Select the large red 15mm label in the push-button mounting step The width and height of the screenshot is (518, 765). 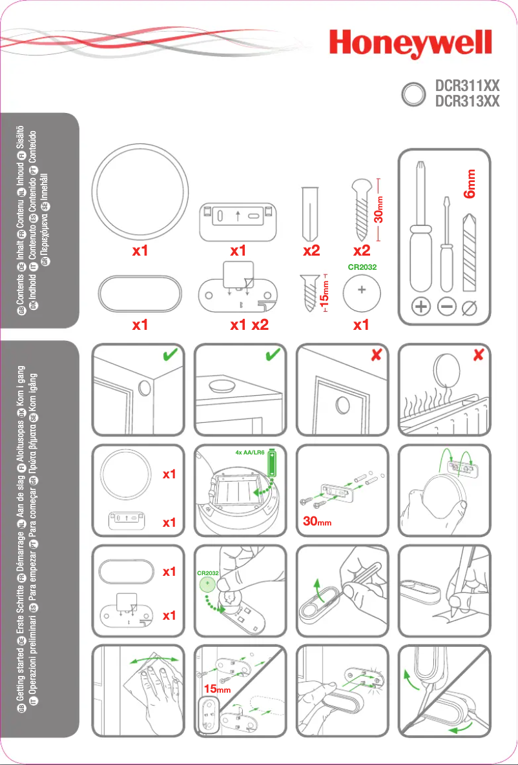218,689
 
